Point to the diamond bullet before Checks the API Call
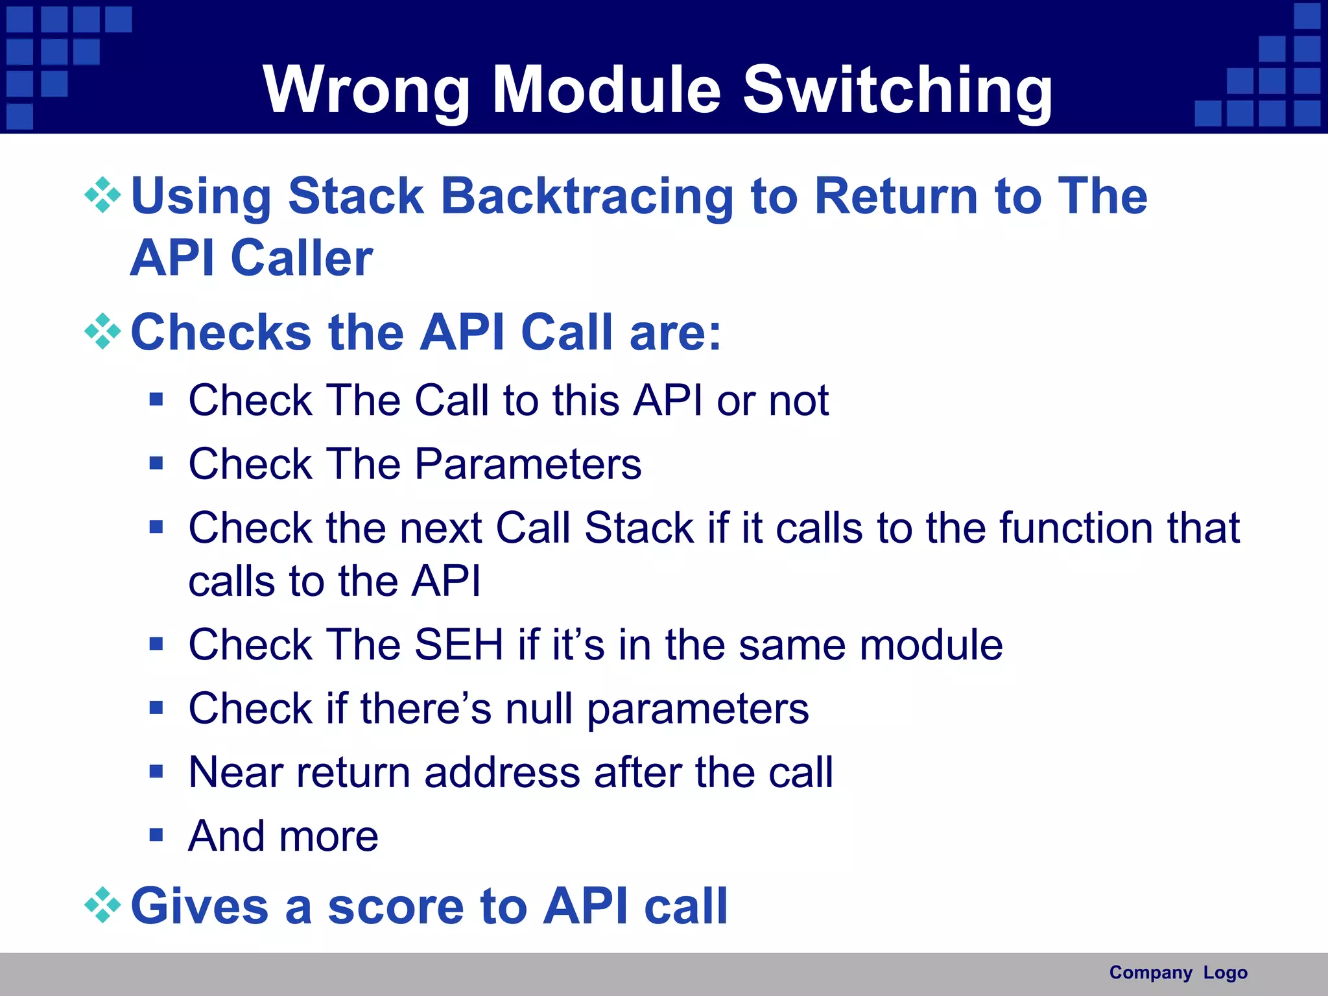click(x=102, y=331)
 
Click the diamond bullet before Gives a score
click(x=102, y=905)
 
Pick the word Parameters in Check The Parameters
click(x=528, y=464)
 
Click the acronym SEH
click(x=458, y=645)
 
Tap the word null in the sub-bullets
click(x=539, y=708)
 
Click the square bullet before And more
click(x=156, y=835)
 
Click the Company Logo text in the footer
click(x=1178, y=973)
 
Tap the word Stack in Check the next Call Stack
click(x=639, y=528)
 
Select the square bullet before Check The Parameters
click(x=156, y=463)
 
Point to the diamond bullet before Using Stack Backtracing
click(x=102, y=195)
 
